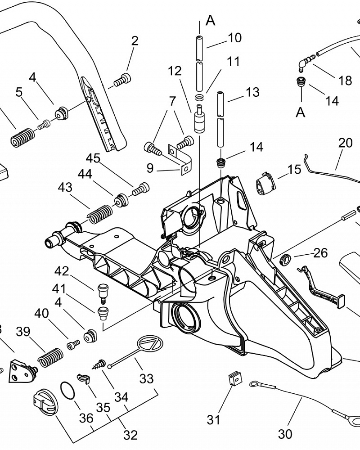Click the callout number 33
[x=146, y=378]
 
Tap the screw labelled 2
[x=122, y=80]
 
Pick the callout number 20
[x=345, y=143]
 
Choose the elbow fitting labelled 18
[x=306, y=63]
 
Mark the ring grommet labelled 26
[x=285, y=259]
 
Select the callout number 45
[x=93, y=158]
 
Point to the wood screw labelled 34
[x=99, y=364]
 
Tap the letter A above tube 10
[x=211, y=20]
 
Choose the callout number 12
[x=175, y=71]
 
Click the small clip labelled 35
[x=83, y=378]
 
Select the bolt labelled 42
[x=102, y=293]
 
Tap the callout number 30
[x=285, y=434]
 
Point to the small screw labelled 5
[x=44, y=125]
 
